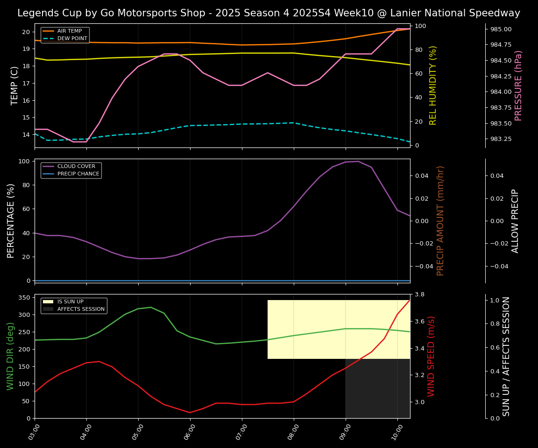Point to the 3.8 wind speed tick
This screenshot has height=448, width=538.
(419, 294)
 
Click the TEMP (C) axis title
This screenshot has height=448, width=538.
(14, 85)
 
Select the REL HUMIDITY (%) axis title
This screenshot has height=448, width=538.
(433, 85)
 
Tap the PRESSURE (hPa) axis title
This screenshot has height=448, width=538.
(518, 85)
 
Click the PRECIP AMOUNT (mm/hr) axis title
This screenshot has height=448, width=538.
(440, 221)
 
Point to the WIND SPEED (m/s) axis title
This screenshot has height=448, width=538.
(431, 356)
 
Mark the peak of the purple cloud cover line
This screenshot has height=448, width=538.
(358, 161)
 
